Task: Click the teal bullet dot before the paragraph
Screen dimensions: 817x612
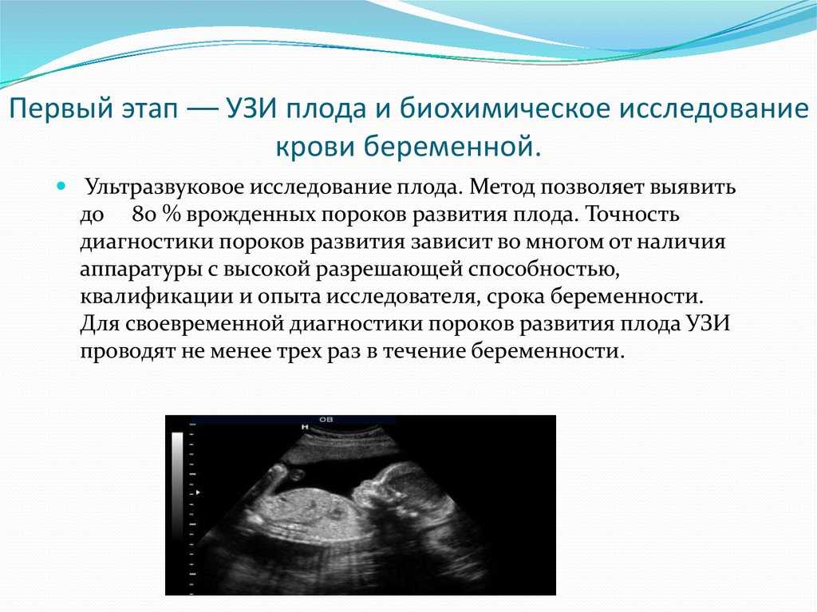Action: point(62,185)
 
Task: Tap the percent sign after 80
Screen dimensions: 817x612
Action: point(171,215)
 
